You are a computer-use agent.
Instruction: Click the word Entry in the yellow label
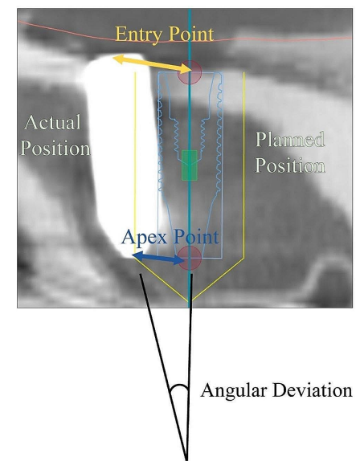(x=137, y=35)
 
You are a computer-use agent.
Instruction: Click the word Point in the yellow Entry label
(x=189, y=34)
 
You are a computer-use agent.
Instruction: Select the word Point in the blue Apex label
(x=196, y=237)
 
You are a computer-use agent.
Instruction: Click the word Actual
(x=53, y=122)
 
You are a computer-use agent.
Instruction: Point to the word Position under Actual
(x=55, y=148)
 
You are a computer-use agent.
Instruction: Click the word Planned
(x=290, y=140)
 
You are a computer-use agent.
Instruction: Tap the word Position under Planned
(x=290, y=165)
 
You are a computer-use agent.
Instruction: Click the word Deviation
(x=313, y=390)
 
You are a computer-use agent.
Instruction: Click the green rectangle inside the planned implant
(x=190, y=165)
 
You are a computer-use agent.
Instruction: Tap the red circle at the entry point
(x=190, y=72)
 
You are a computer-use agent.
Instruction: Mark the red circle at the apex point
(x=190, y=258)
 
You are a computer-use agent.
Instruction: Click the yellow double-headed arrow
(x=152, y=63)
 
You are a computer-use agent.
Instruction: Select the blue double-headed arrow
(x=158, y=258)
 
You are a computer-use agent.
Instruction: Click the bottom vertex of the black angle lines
(x=186, y=459)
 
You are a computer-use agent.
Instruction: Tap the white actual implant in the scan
(x=121, y=154)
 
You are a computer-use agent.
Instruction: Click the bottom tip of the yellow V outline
(x=190, y=300)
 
